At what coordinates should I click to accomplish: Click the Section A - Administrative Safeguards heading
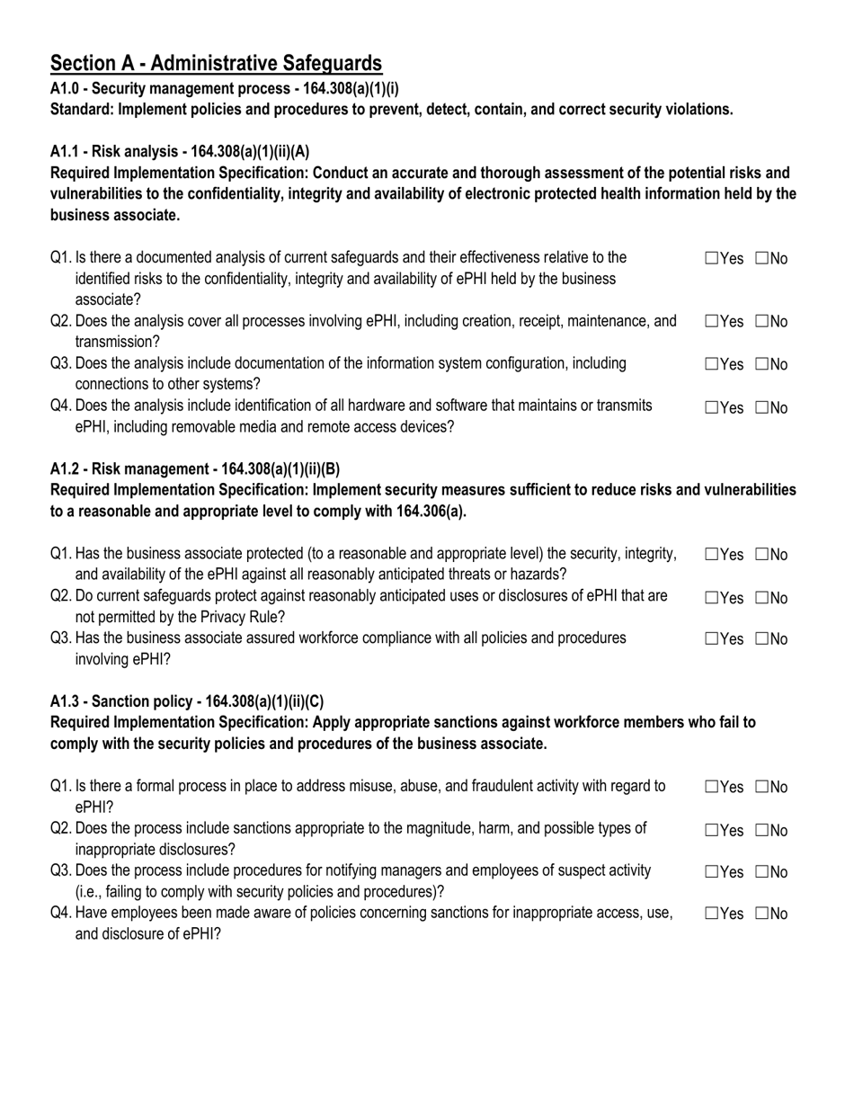[216, 63]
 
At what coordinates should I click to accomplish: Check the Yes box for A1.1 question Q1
[712, 259]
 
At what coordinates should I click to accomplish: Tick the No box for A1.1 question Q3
[762, 364]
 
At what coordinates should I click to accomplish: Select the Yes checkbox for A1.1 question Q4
[712, 407]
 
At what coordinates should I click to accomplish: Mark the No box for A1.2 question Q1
[762, 555]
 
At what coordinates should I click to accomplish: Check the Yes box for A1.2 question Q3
[712, 639]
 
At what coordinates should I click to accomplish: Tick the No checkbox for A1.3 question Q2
[762, 830]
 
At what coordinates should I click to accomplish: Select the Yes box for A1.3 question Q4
[712, 914]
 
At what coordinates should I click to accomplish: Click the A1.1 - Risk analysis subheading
[180, 151]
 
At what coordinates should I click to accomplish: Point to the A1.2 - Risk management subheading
[195, 469]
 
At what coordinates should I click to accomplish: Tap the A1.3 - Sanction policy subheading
[187, 701]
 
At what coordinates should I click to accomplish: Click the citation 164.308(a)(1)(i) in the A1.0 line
[345, 88]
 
